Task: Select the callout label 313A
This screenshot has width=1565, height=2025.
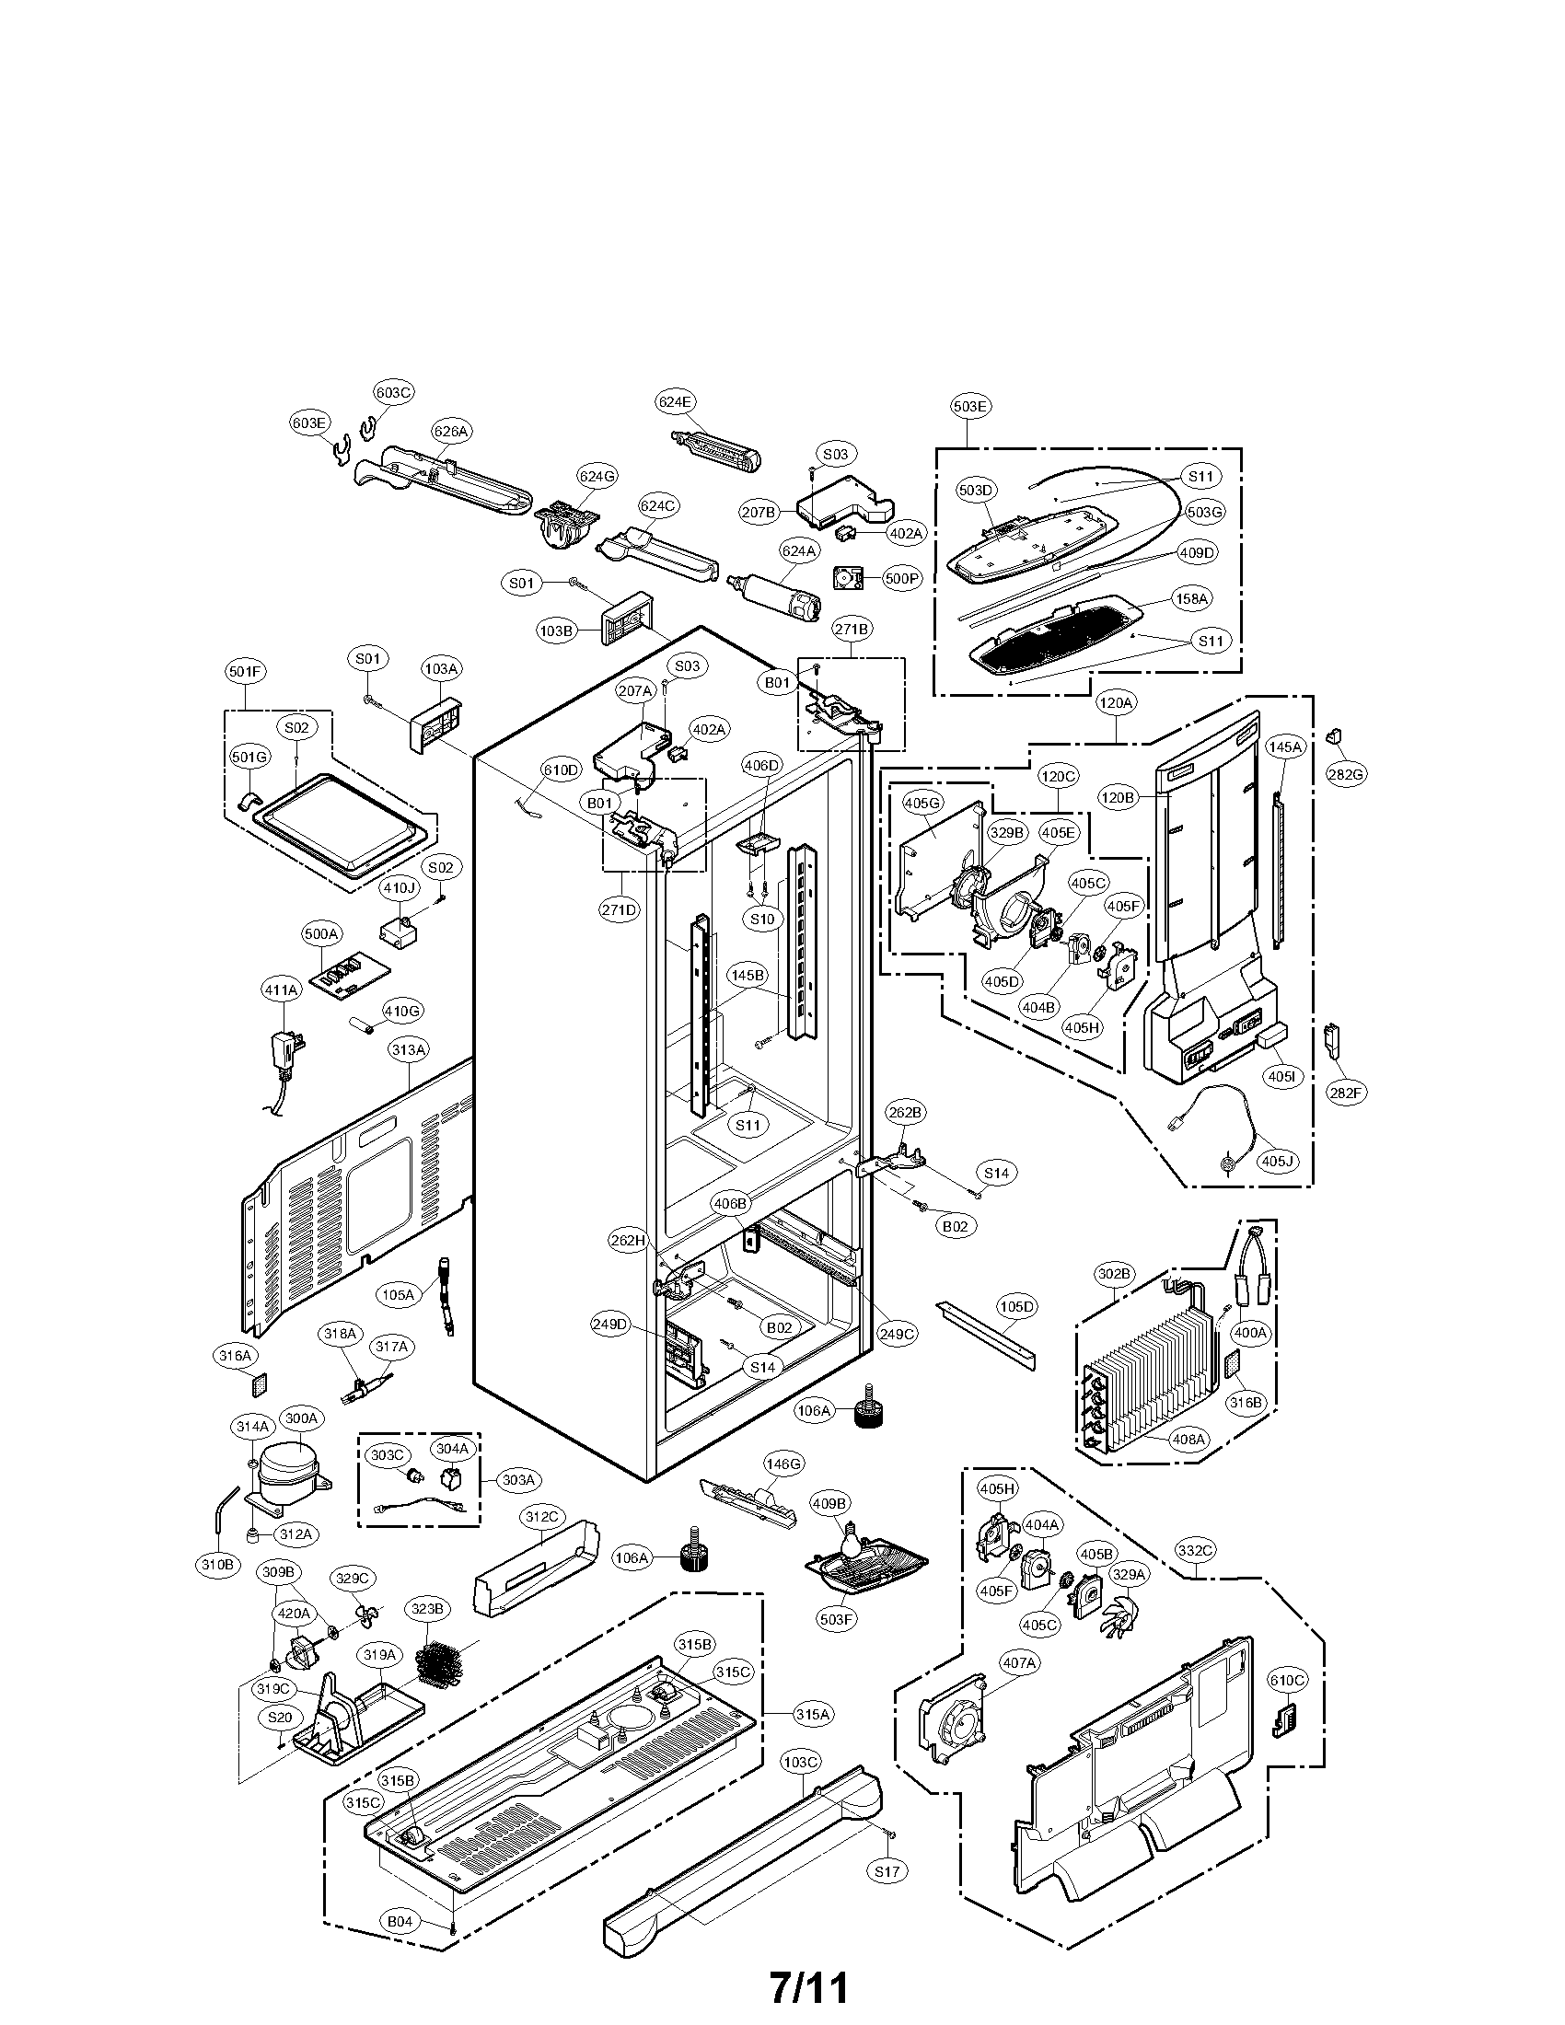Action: pyautogui.click(x=409, y=1049)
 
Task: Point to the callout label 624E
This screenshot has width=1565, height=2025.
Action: pyautogui.click(x=676, y=402)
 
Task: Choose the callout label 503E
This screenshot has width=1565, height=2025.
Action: pyautogui.click(x=969, y=405)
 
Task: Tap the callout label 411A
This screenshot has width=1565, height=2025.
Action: pyautogui.click(x=281, y=990)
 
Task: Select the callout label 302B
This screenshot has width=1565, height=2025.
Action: pyautogui.click(x=1115, y=1275)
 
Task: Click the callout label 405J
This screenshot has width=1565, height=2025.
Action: pyautogui.click(x=1275, y=1160)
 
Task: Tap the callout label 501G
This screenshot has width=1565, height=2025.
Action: pyautogui.click(x=249, y=758)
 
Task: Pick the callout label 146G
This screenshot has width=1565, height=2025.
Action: pyautogui.click(x=782, y=1464)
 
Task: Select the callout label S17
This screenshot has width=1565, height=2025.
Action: pyautogui.click(x=887, y=1872)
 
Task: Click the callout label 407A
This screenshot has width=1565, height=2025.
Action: pyautogui.click(x=1018, y=1663)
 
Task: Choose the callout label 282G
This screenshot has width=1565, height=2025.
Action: pyautogui.click(x=1346, y=774)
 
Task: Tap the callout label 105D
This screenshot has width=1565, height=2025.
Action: pyautogui.click(x=1016, y=1306)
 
